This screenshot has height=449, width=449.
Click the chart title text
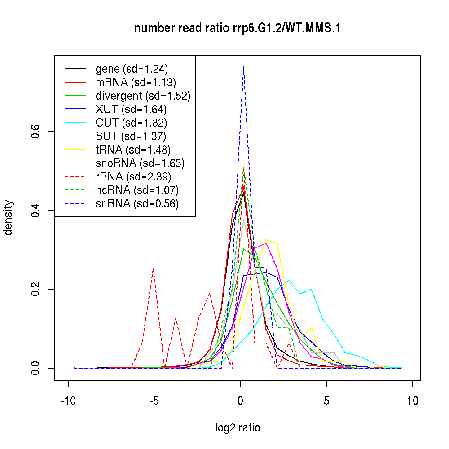238,28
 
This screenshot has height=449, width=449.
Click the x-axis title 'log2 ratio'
238,427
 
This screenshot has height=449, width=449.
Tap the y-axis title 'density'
9,217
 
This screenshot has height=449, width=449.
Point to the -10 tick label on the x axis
68,401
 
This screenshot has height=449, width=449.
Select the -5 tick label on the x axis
154,401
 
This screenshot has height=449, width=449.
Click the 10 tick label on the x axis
413,401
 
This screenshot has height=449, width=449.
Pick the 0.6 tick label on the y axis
35,132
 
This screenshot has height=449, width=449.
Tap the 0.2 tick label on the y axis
35,289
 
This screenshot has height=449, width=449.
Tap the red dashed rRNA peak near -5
154,268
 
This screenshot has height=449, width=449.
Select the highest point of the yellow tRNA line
266,240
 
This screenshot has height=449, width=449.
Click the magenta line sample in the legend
75,136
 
